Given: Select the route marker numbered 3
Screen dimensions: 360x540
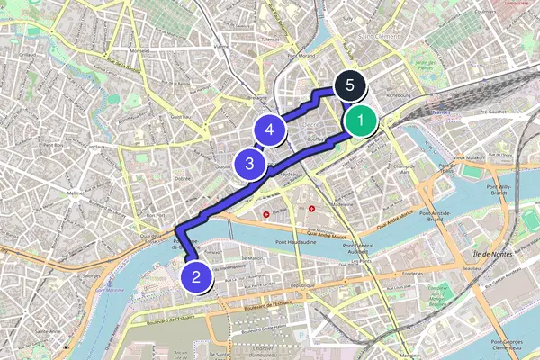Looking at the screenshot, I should [x=249, y=164].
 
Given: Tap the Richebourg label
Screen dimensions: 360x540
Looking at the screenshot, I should [x=399, y=92].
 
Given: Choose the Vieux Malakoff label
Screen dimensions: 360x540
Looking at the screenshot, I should [x=469, y=157].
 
